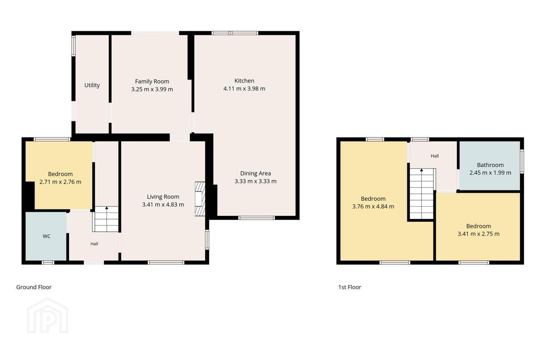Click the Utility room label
pyautogui.click(x=92, y=85)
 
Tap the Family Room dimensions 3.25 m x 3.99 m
pyautogui.click(x=152, y=89)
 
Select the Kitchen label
pyautogui.click(x=244, y=81)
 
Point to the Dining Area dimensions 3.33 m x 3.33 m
pyautogui.click(x=255, y=181)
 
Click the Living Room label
pyautogui.click(x=163, y=197)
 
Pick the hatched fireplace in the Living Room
pyautogui.click(x=200, y=199)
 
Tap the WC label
pyautogui.click(x=46, y=236)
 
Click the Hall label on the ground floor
pyautogui.click(x=94, y=244)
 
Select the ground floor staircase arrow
pyautogui.click(x=106, y=208)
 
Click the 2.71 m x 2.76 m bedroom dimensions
pyautogui.click(x=60, y=182)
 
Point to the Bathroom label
pyautogui.click(x=490, y=165)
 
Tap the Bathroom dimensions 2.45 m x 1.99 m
pyautogui.click(x=490, y=172)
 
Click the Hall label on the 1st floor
pyautogui.click(x=435, y=156)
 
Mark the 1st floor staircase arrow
pyautogui.click(x=421, y=170)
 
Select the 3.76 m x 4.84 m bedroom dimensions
pyautogui.click(x=373, y=206)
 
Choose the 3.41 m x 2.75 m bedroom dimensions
pyautogui.click(x=478, y=234)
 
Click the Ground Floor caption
pyautogui.click(x=34, y=287)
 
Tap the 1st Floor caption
pyautogui.click(x=349, y=287)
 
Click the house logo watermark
pyautogui.click(x=48, y=315)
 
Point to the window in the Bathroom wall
pyautogui.click(x=522, y=162)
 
